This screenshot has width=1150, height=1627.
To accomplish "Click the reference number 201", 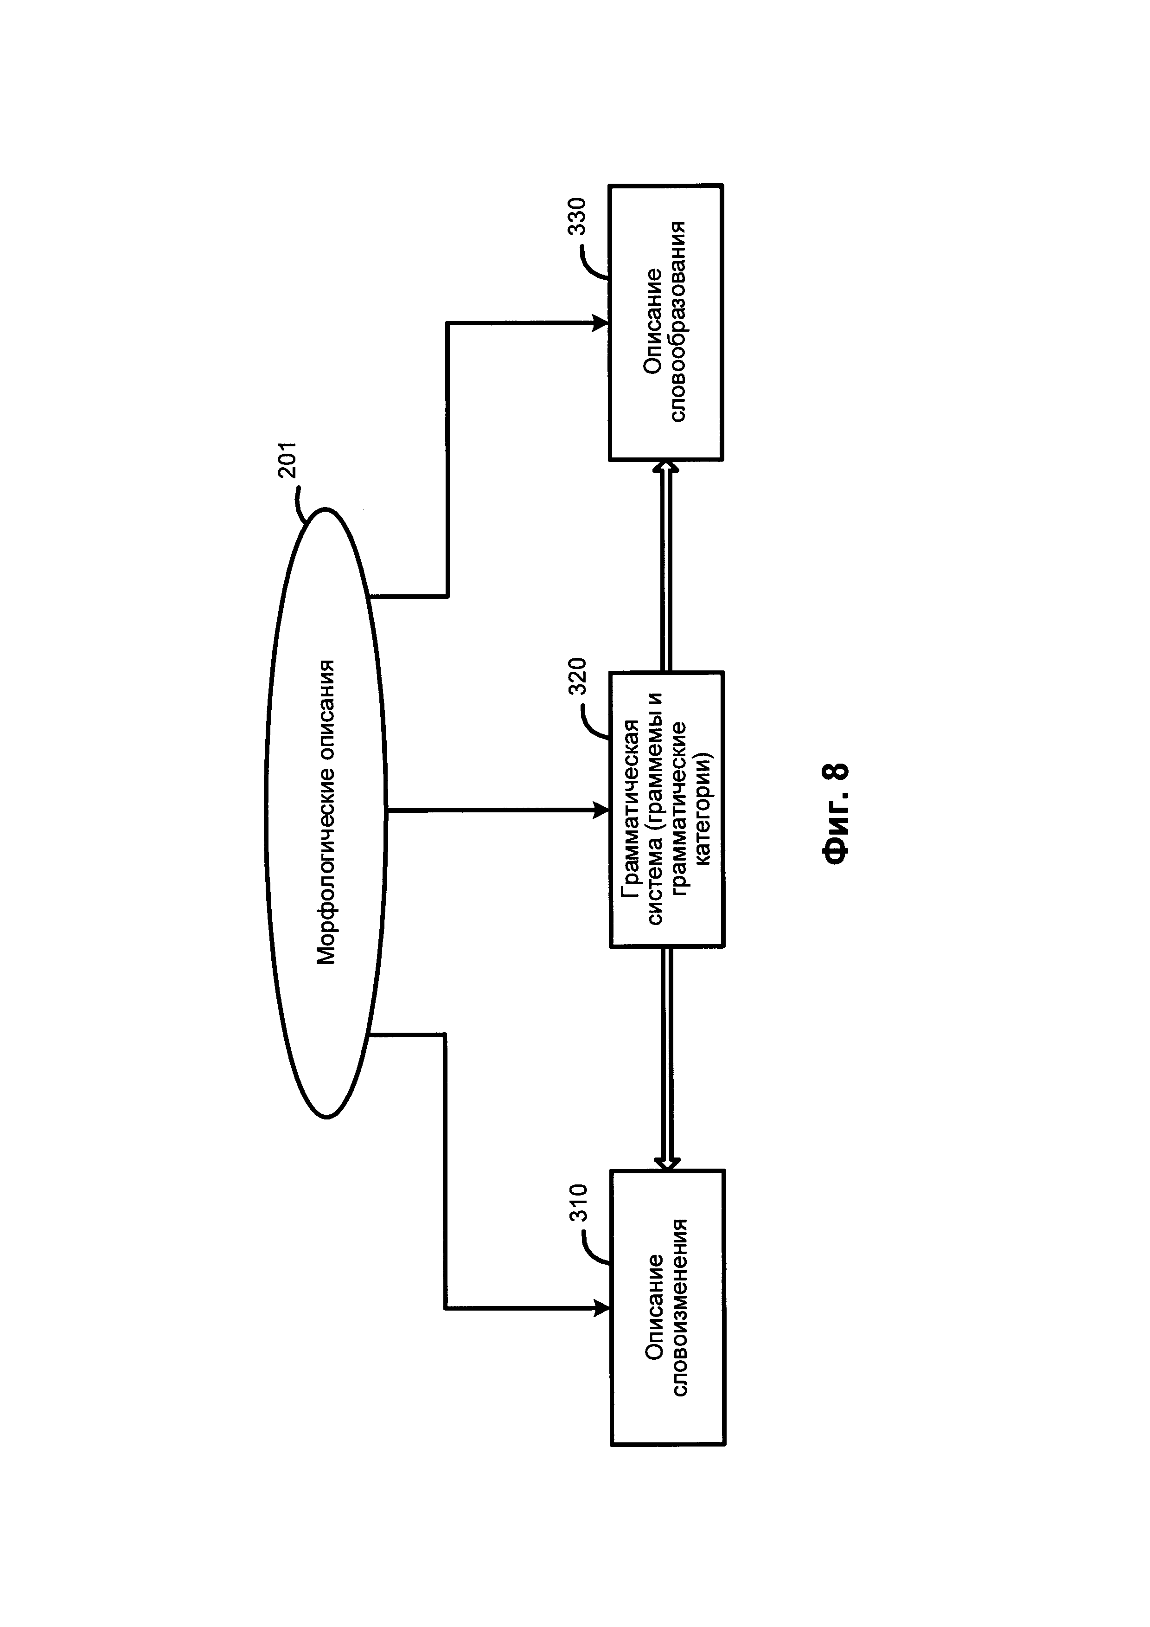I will tap(290, 461).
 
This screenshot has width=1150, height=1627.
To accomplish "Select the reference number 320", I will tap(577, 677).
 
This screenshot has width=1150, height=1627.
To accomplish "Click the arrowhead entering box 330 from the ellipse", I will tap(601, 323).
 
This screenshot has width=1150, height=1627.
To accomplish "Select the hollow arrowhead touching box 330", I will tap(665, 468).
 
